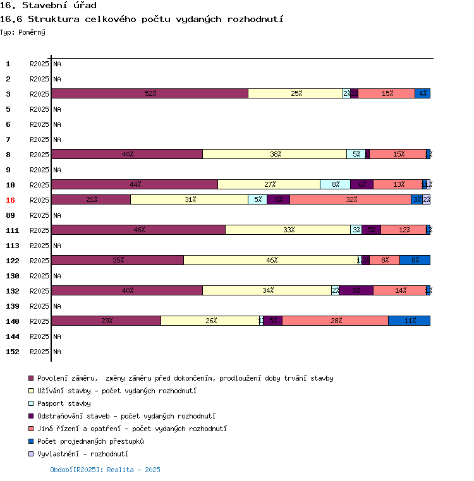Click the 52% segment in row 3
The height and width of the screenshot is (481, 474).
(x=150, y=93)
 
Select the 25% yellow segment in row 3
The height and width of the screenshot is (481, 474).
(x=295, y=93)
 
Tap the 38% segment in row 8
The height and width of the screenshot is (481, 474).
(x=274, y=154)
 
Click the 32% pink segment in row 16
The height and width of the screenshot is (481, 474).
(x=351, y=199)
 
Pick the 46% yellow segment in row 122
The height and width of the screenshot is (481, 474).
(x=270, y=260)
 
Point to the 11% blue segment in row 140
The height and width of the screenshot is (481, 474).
(x=410, y=321)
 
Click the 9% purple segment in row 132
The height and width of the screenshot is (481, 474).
(x=356, y=290)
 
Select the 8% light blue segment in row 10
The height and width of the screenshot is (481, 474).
(x=335, y=184)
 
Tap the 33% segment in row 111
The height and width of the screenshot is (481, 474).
(x=288, y=230)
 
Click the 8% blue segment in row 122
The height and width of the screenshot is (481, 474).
(x=415, y=260)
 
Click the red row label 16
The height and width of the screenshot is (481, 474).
(x=10, y=200)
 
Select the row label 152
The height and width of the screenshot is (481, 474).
(x=13, y=352)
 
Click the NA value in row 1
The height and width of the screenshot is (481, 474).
(x=57, y=64)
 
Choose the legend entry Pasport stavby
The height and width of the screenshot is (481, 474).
(x=64, y=403)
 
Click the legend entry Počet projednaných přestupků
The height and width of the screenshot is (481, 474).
(x=90, y=441)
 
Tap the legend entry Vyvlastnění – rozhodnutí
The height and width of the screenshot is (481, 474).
(x=82, y=454)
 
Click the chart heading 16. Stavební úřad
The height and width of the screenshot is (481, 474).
(x=48, y=6)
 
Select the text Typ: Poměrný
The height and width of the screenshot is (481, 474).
(x=23, y=32)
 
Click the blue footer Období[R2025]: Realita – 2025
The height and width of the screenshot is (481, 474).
(x=105, y=470)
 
